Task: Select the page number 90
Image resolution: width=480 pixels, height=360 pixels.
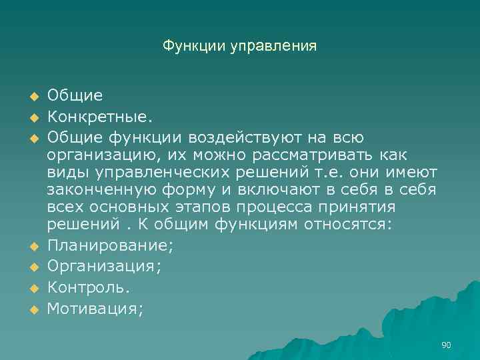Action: click(x=447, y=345)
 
